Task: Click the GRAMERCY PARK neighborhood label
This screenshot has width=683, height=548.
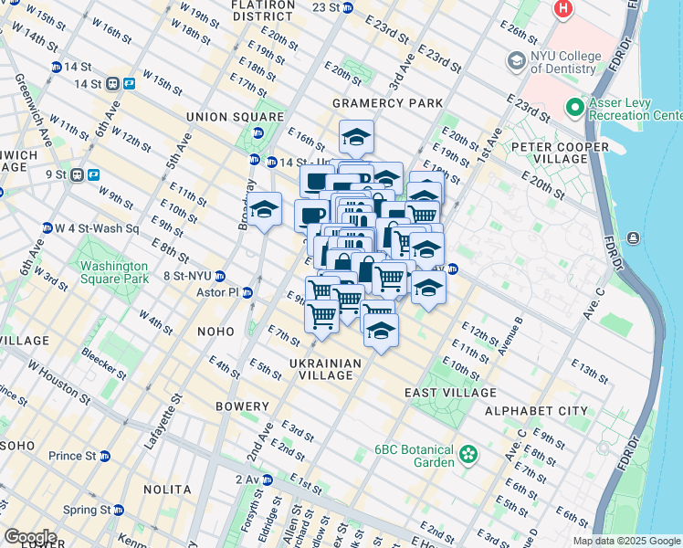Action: [x=388, y=103]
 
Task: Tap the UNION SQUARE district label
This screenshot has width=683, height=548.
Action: [x=235, y=117]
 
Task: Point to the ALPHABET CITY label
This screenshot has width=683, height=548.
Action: [x=536, y=411]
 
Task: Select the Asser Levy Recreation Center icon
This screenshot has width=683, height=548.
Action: [x=574, y=109]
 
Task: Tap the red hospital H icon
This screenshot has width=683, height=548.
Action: [x=563, y=9]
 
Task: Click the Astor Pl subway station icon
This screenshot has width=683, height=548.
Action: [x=247, y=292]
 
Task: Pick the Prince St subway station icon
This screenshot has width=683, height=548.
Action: [x=105, y=456]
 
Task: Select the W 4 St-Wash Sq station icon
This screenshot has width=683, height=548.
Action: [x=47, y=227]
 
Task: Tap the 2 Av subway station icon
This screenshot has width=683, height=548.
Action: [x=268, y=479]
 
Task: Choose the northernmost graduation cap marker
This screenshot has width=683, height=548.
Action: [x=356, y=138]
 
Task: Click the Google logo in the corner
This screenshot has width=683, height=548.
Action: [x=30, y=537]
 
